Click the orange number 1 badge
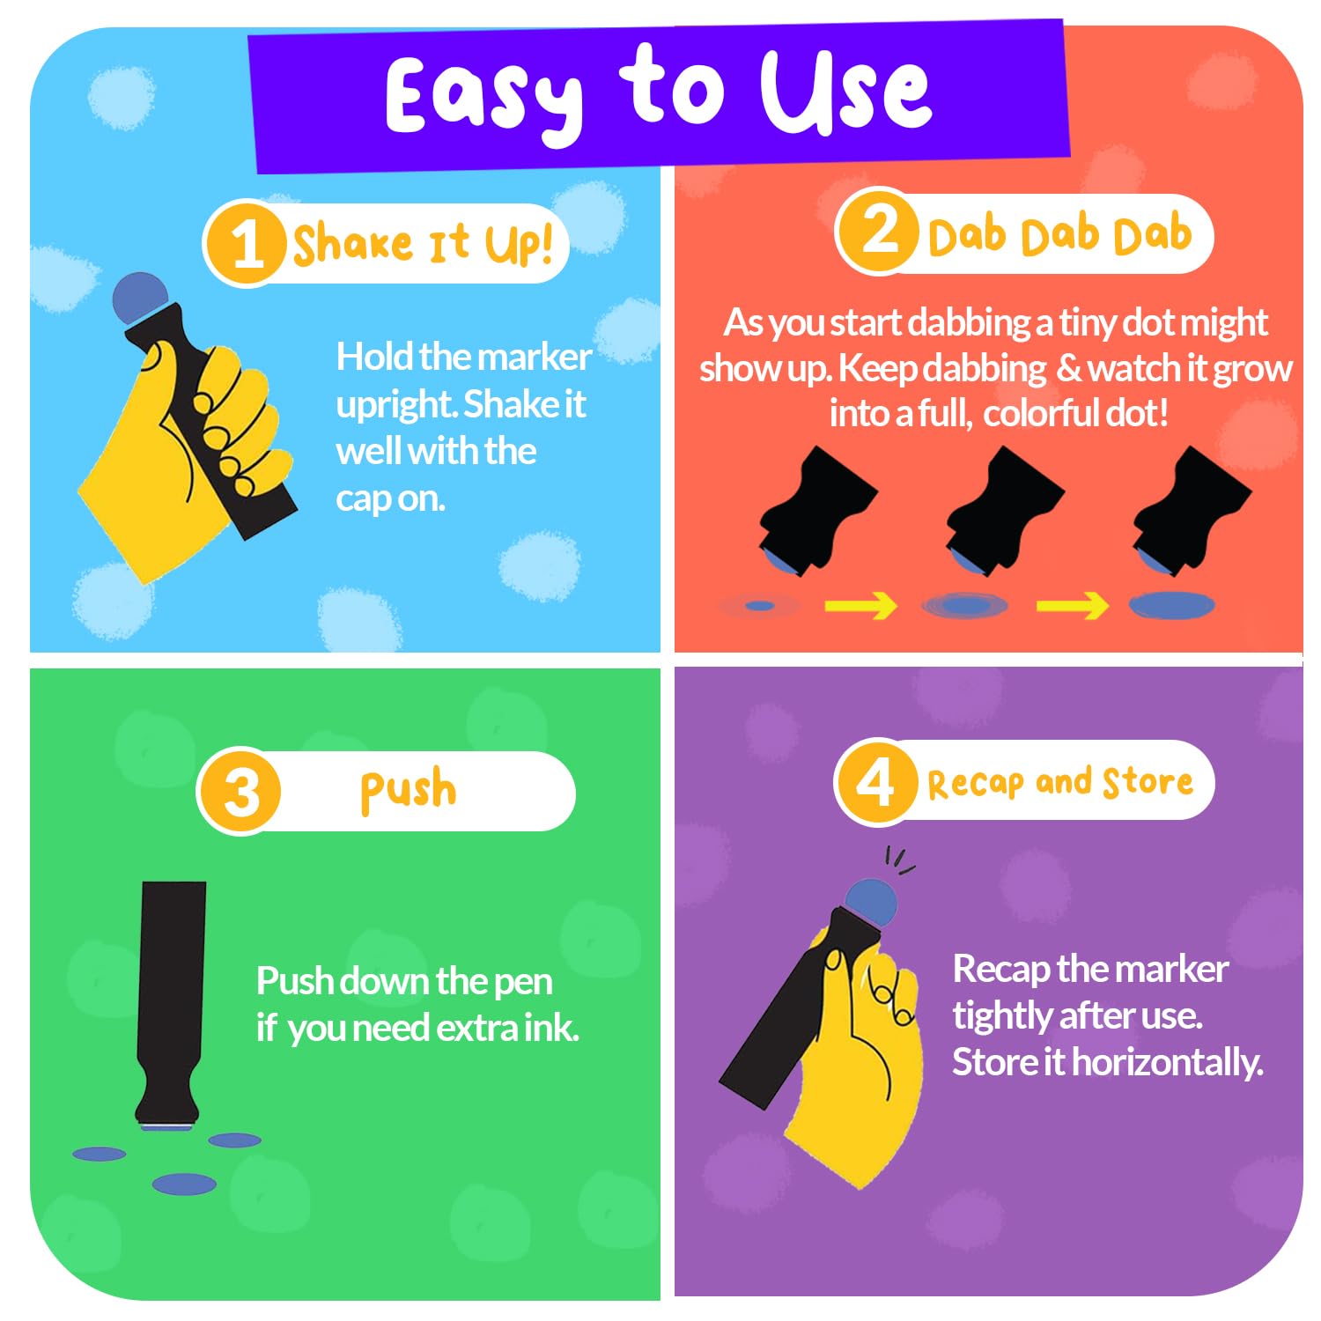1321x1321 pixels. point(246,244)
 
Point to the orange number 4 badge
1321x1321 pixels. point(875,781)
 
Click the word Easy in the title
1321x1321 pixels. point(483,97)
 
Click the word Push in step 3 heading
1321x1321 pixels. point(409,790)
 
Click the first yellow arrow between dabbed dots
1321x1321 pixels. point(860,605)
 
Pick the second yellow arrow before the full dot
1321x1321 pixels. point(1072,605)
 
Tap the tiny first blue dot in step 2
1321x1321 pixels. point(759,606)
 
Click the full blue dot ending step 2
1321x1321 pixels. point(1172,605)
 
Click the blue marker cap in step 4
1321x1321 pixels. point(870,902)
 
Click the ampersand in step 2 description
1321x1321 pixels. point(1068,368)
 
